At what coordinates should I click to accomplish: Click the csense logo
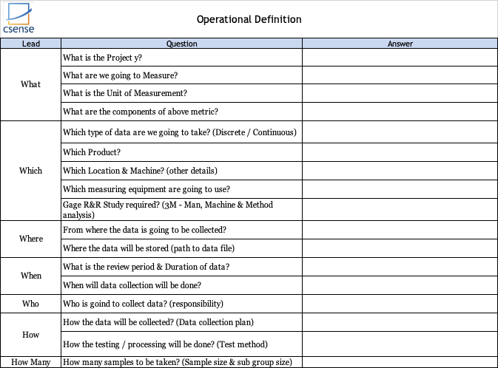[x=19, y=19]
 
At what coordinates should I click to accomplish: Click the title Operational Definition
[x=249, y=19]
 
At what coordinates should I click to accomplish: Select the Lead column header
[x=31, y=44]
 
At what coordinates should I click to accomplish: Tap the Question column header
[x=181, y=44]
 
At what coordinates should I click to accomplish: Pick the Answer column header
[x=400, y=44]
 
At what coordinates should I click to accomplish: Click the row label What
[x=31, y=84]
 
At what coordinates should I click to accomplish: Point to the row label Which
[x=31, y=171]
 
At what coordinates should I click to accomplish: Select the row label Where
[x=31, y=239]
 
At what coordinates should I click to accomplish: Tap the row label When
[x=31, y=276]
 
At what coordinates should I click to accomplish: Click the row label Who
[x=31, y=304]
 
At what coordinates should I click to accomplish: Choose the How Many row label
[x=31, y=362]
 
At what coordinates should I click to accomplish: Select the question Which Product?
[x=92, y=152]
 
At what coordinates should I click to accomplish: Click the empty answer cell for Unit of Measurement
[x=400, y=94]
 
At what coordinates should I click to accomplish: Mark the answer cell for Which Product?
[x=400, y=152]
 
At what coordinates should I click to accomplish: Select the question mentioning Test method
[x=166, y=344]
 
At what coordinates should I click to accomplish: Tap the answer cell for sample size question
[x=400, y=362]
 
